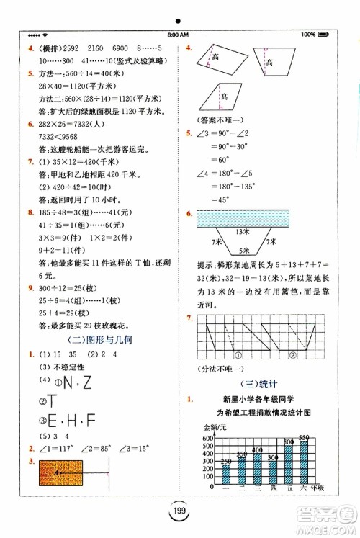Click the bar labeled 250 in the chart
pyautogui.click(x=227, y=476)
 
